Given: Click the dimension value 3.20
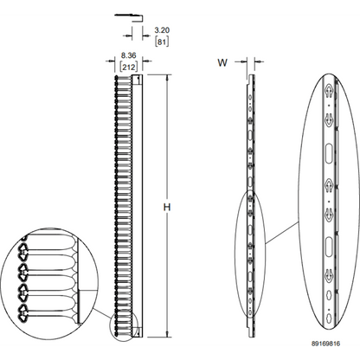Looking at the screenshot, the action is pos(162,30).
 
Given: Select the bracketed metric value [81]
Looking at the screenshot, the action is pos(162,42).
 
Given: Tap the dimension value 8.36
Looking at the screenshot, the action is pos(128,55).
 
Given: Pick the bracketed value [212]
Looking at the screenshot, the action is pos(129,67).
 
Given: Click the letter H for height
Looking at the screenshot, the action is pos(167,207).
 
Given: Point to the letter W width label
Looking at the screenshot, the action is pos(222,62).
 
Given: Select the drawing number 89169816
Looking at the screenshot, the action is pos(325,344).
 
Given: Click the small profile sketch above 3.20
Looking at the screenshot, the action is pos(129,17).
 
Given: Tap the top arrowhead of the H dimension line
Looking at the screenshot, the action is pos(167,77).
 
